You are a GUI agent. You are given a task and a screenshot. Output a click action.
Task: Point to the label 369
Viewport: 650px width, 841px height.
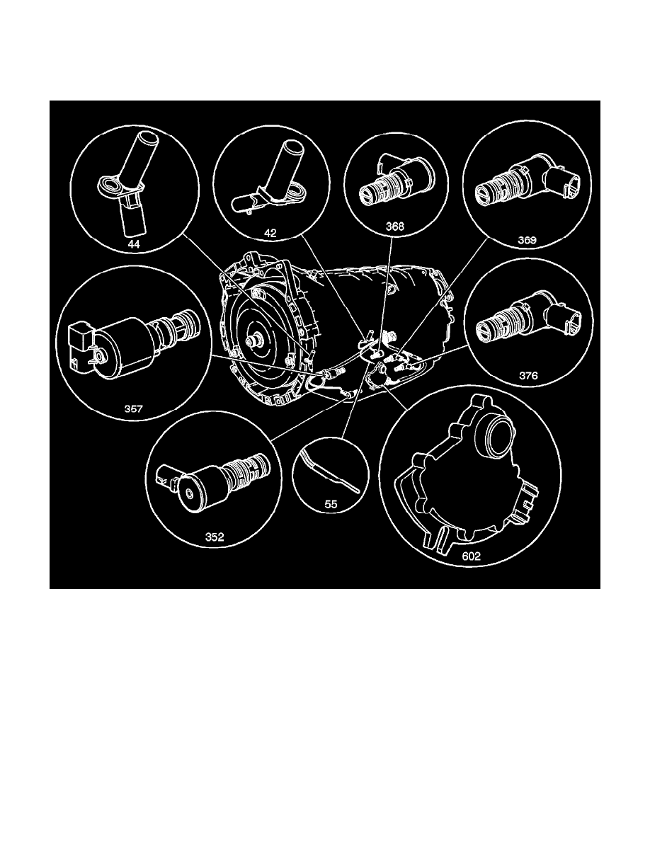pos(526,240)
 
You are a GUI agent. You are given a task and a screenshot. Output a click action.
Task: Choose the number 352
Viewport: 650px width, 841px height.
pos(215,537)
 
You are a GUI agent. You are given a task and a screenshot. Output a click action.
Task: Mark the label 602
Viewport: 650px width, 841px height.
pos(471,556)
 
